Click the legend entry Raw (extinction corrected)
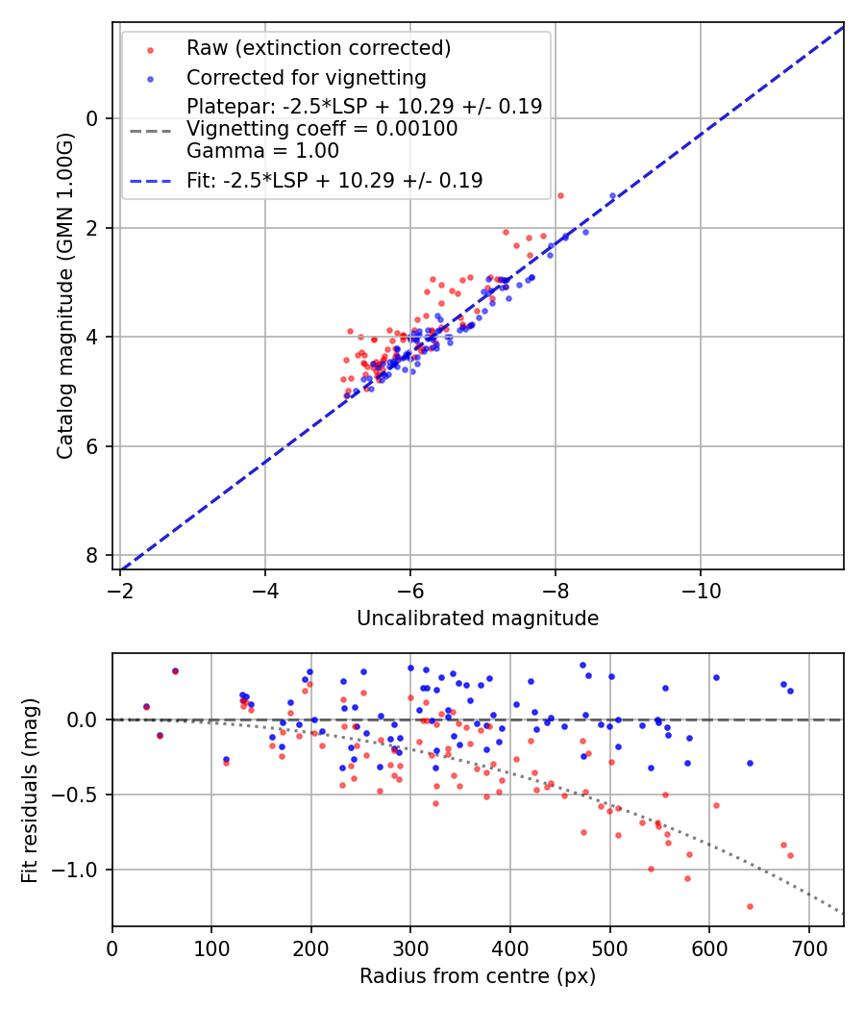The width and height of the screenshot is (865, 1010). coord(318,48)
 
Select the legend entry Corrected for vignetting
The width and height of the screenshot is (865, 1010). coord(306,77)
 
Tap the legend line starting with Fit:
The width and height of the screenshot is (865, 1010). coord(334,180)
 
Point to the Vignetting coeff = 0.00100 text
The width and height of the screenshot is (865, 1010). coord(322,129)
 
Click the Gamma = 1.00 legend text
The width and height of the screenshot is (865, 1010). coord(262,151)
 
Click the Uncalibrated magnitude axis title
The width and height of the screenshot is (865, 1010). coord(478,619)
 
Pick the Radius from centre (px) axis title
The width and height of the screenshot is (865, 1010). coord(478,976)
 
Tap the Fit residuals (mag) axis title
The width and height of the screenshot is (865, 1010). coord(30,790)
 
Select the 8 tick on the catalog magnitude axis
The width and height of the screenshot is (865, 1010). coord(93,556)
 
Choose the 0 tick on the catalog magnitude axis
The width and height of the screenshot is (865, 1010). coord(93,118)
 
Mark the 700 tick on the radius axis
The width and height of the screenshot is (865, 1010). coord(808,947)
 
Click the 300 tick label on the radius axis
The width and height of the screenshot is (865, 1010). coord(410,947)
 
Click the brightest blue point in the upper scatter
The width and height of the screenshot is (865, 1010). coord(612,196)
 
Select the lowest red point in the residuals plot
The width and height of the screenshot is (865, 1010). coord(750,906)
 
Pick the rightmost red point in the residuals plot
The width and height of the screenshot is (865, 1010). coord(790,855)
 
